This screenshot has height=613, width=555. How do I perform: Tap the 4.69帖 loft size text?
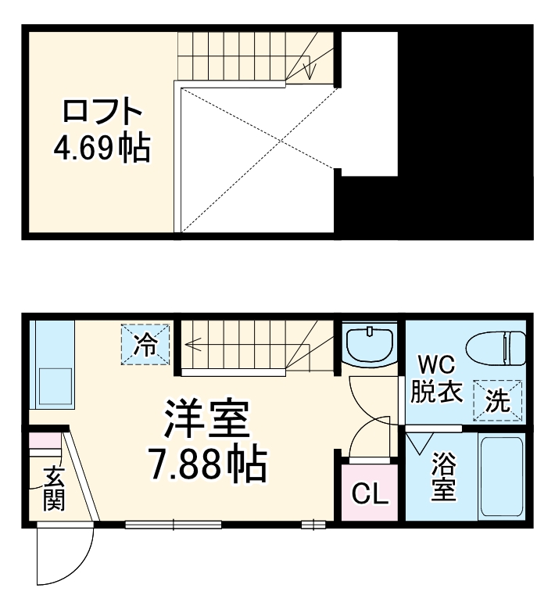click(102, 146)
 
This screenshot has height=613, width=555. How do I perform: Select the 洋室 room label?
click(206, 421)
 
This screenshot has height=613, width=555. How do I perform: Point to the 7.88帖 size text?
click(208, 465)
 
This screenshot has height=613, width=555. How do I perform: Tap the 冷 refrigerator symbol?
click(145, 344)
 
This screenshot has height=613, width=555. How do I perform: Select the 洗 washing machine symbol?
click(497, 401)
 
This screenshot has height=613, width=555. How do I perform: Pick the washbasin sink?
click(369, 344)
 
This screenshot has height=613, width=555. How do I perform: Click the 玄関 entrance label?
click(52, 489)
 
